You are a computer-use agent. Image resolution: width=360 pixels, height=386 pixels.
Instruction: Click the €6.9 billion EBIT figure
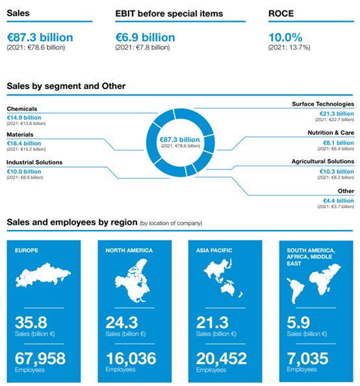(146, 38)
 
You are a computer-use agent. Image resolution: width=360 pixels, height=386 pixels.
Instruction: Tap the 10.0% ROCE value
(285, 38)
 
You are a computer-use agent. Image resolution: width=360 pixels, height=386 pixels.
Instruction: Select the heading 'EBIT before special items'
(169, 14)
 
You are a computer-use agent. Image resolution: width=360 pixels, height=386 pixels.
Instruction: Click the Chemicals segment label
(22, 109)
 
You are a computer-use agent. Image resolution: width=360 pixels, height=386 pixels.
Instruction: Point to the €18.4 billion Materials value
(24, 143)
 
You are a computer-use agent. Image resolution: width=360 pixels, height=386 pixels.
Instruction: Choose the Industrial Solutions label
(34, 162)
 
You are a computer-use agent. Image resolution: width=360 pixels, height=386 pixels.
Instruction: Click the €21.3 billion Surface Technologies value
(337, 114)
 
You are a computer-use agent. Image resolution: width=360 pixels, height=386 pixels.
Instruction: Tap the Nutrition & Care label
(331, 133)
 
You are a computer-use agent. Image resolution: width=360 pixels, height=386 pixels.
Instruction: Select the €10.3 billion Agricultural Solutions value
(337, 172)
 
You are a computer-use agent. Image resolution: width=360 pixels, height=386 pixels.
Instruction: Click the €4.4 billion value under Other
(339, 201)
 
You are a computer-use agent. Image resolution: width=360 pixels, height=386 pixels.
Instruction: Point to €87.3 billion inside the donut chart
(180, 140)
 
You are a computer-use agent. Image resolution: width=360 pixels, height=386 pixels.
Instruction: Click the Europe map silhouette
(43, 274)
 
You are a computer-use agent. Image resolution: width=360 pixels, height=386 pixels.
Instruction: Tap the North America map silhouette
(132, 281)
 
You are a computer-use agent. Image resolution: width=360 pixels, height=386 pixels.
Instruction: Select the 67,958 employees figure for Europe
(40, 358)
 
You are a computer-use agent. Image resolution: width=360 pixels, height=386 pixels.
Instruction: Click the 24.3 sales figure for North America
(122, 322)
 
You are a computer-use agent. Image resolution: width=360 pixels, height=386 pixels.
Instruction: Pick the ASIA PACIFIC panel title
(214, 250)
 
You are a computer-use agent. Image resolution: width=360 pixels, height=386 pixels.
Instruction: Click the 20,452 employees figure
(222, 358)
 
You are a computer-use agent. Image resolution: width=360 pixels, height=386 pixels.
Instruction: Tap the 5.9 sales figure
(298, 322)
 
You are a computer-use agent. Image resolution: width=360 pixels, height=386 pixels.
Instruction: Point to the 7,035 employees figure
(307, 358)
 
